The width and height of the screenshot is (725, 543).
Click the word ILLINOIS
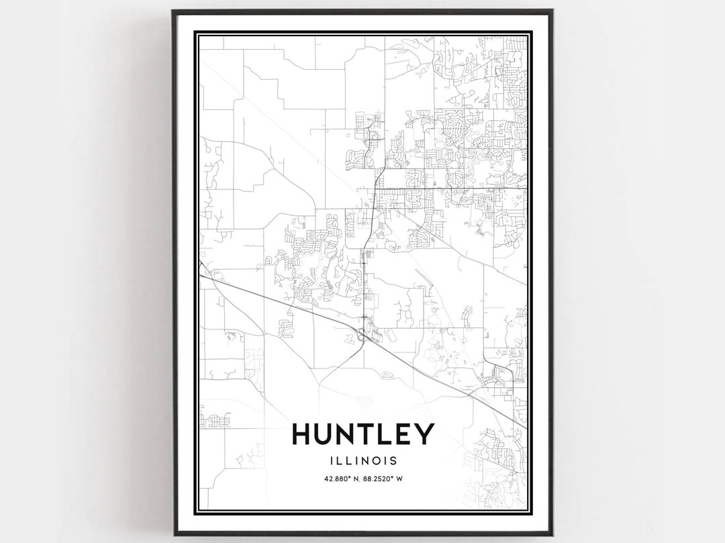[363, 461]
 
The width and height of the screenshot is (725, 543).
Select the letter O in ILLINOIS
[379, 461]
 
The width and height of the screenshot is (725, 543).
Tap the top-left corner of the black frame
[173, 11]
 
